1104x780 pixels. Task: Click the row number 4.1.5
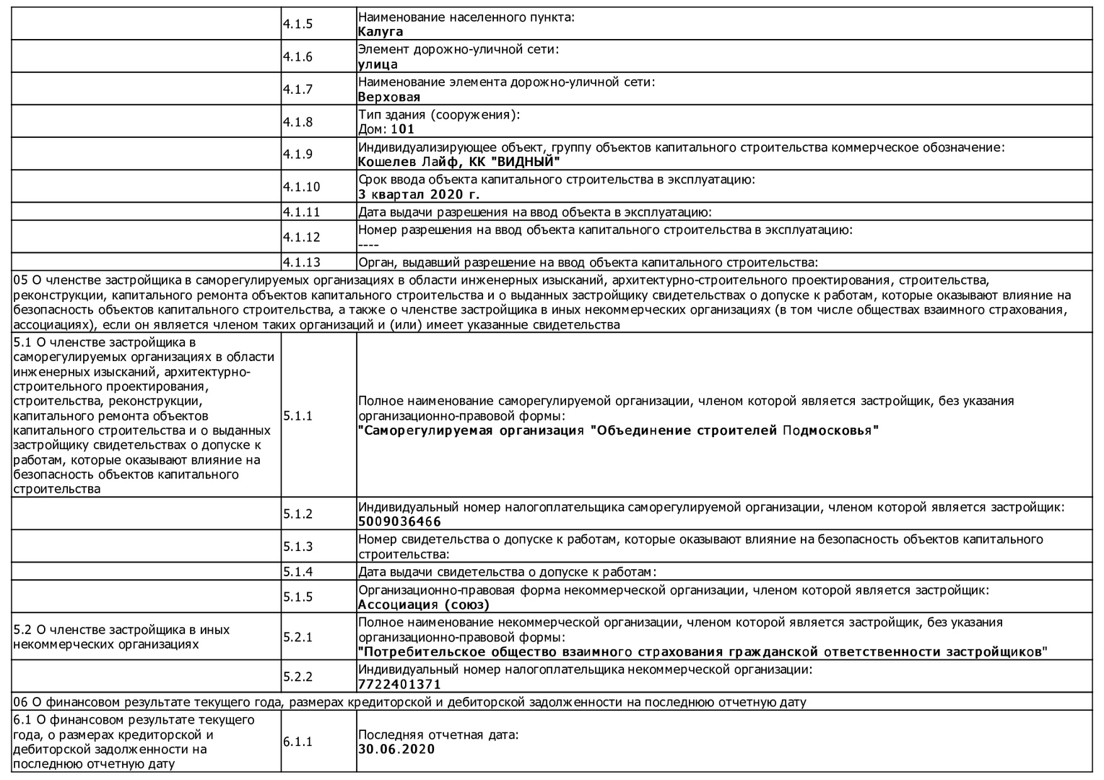[297, 24]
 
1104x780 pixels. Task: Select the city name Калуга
[381, 32]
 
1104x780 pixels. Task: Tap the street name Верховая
[389, 97]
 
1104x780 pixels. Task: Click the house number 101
[403, 129]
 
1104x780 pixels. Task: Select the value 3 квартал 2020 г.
[419, 194]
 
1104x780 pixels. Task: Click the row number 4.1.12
[301, 237]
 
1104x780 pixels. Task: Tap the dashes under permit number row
[368, 245]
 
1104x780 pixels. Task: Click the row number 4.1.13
[301, 262]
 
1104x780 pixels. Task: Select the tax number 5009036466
[399, 522]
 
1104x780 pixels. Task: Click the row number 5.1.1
[297, 415]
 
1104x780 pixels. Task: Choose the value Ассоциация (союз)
[424, 605]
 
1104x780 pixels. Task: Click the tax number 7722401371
[399, 684]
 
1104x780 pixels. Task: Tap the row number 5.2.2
[297, 676]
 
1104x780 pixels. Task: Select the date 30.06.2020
[396, 749]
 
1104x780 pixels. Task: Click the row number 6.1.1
[297, 742]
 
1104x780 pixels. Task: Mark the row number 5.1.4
[297, 572]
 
